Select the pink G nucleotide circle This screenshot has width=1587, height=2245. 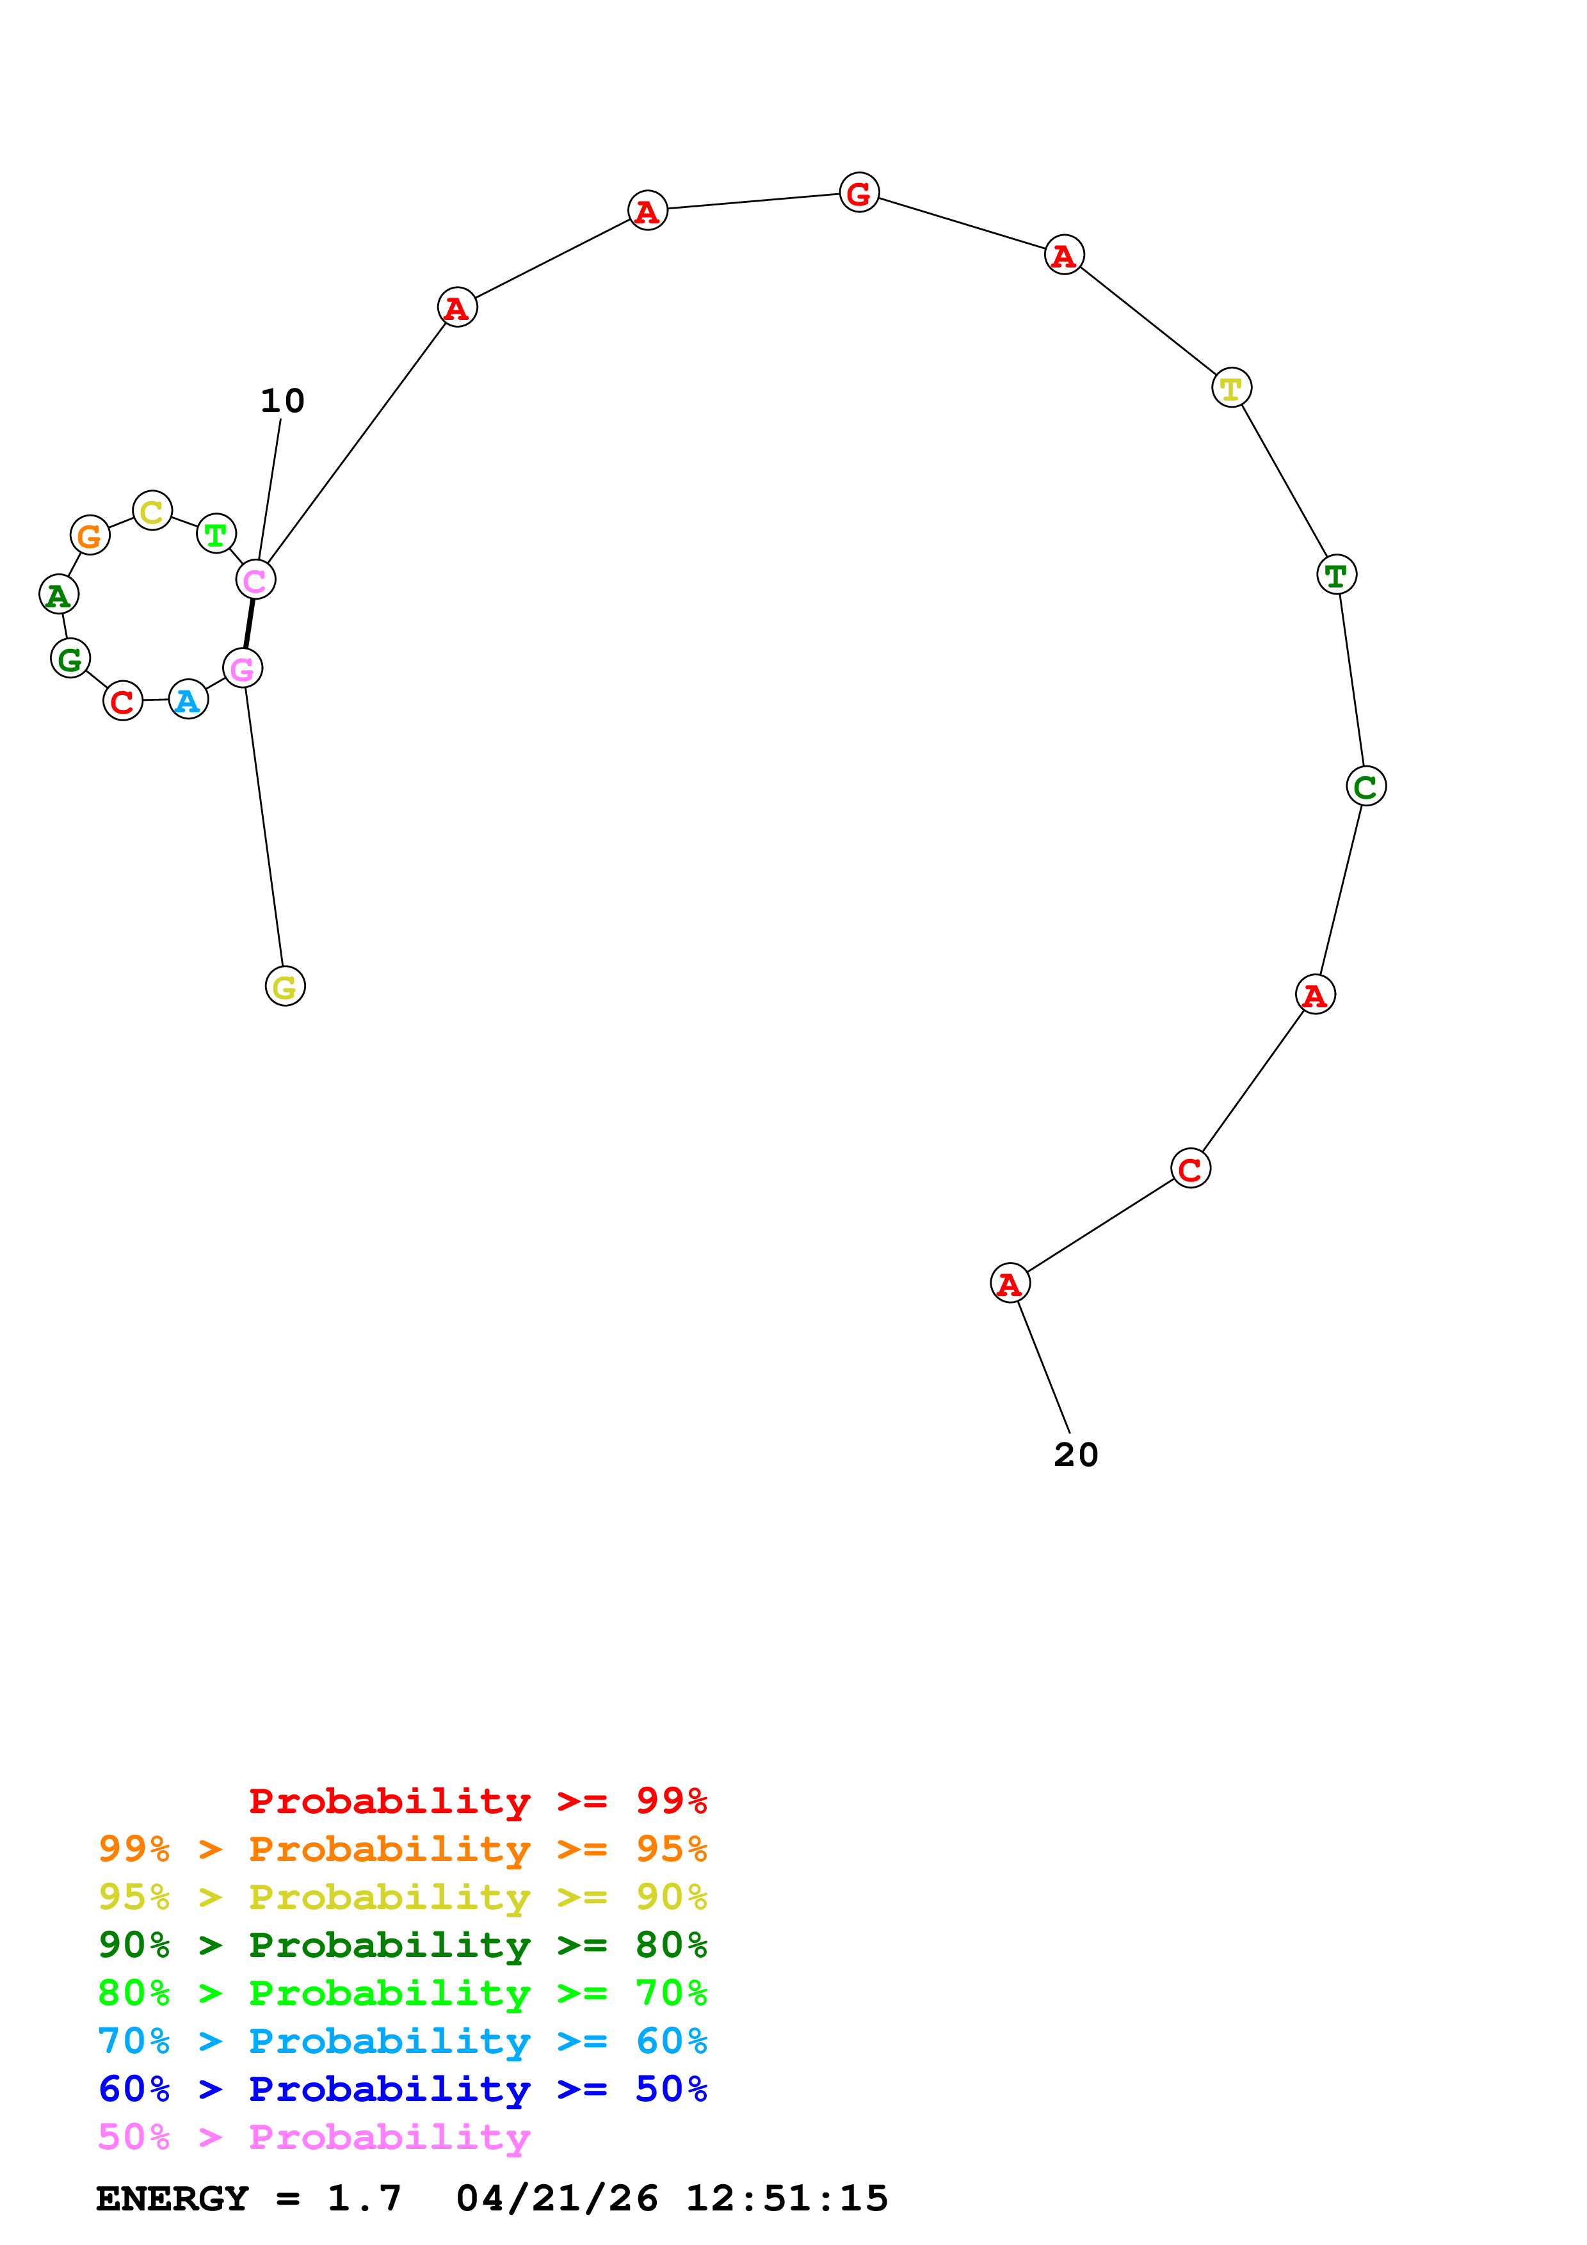(x=243, y=669)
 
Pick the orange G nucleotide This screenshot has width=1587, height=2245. (x=90, y=535)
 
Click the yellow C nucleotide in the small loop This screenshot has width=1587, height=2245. (x=152, y=511)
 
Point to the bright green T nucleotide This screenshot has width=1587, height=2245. (x=216, y=534)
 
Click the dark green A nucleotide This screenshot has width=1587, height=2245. (x=59, y=595)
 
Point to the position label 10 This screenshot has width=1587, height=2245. (x=282, y=401)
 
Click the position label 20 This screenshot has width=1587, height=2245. (x=1075, y=1455)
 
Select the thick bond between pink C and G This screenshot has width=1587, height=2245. (x=249, y=624)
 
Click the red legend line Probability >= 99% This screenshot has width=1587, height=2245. (x=477, y=1800)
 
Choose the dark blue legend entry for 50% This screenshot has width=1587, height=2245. (x=402, y=2089)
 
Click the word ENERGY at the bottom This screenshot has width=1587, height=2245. (x=172, y=2198)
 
